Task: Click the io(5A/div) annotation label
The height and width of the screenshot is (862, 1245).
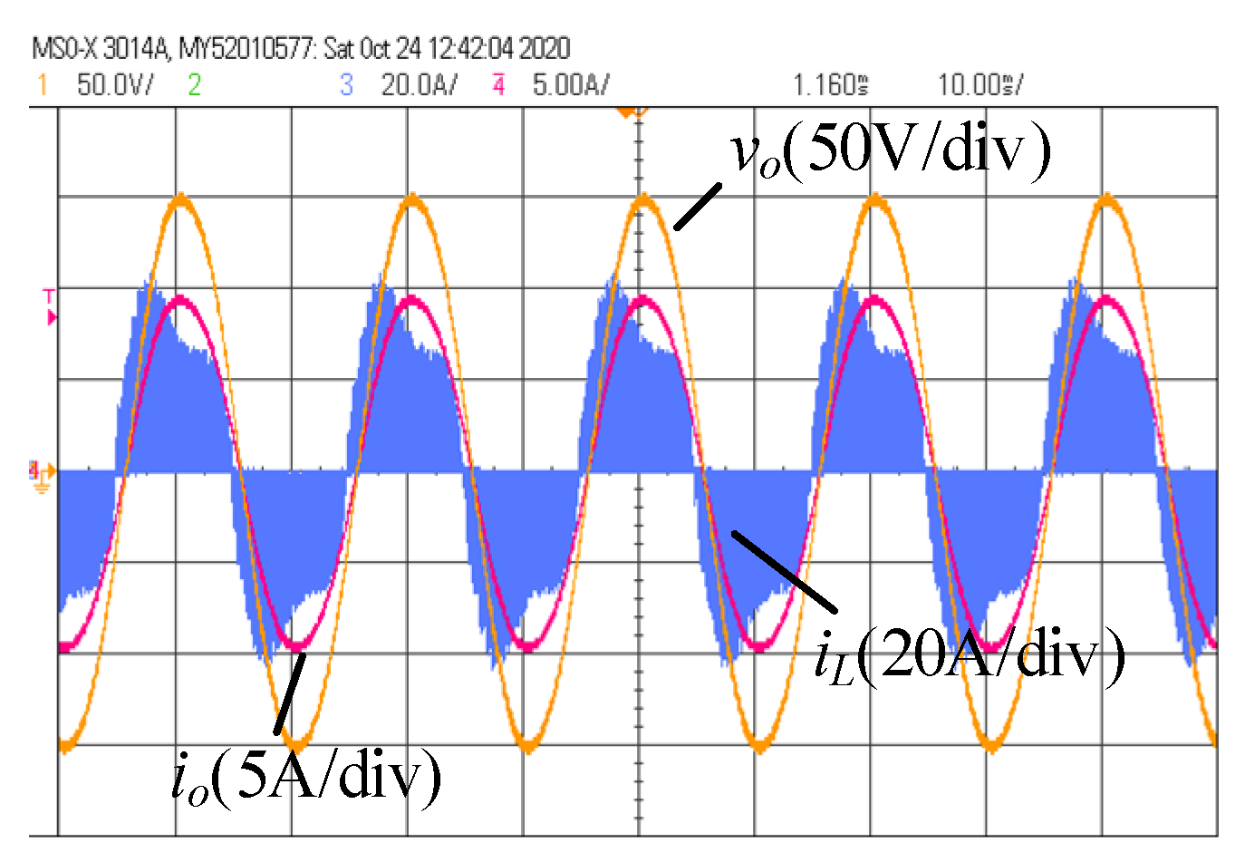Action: point(306,778)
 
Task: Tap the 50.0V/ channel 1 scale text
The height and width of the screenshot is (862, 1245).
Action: point(115,86)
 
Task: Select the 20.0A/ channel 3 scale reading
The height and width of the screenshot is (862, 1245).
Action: point(419,86)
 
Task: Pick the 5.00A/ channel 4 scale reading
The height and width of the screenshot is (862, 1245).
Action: point(571,86)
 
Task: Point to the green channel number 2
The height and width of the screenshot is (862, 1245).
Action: point(194,85)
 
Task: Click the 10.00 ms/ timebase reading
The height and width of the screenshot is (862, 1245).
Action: point(980,86)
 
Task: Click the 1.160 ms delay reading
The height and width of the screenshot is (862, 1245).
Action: point(830,86)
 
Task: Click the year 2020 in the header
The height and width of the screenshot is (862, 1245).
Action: point(544,48)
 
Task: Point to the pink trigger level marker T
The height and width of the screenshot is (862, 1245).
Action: point(50,306)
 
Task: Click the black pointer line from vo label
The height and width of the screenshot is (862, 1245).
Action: point(698,207)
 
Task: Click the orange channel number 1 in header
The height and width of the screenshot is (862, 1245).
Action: point(42,85)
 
